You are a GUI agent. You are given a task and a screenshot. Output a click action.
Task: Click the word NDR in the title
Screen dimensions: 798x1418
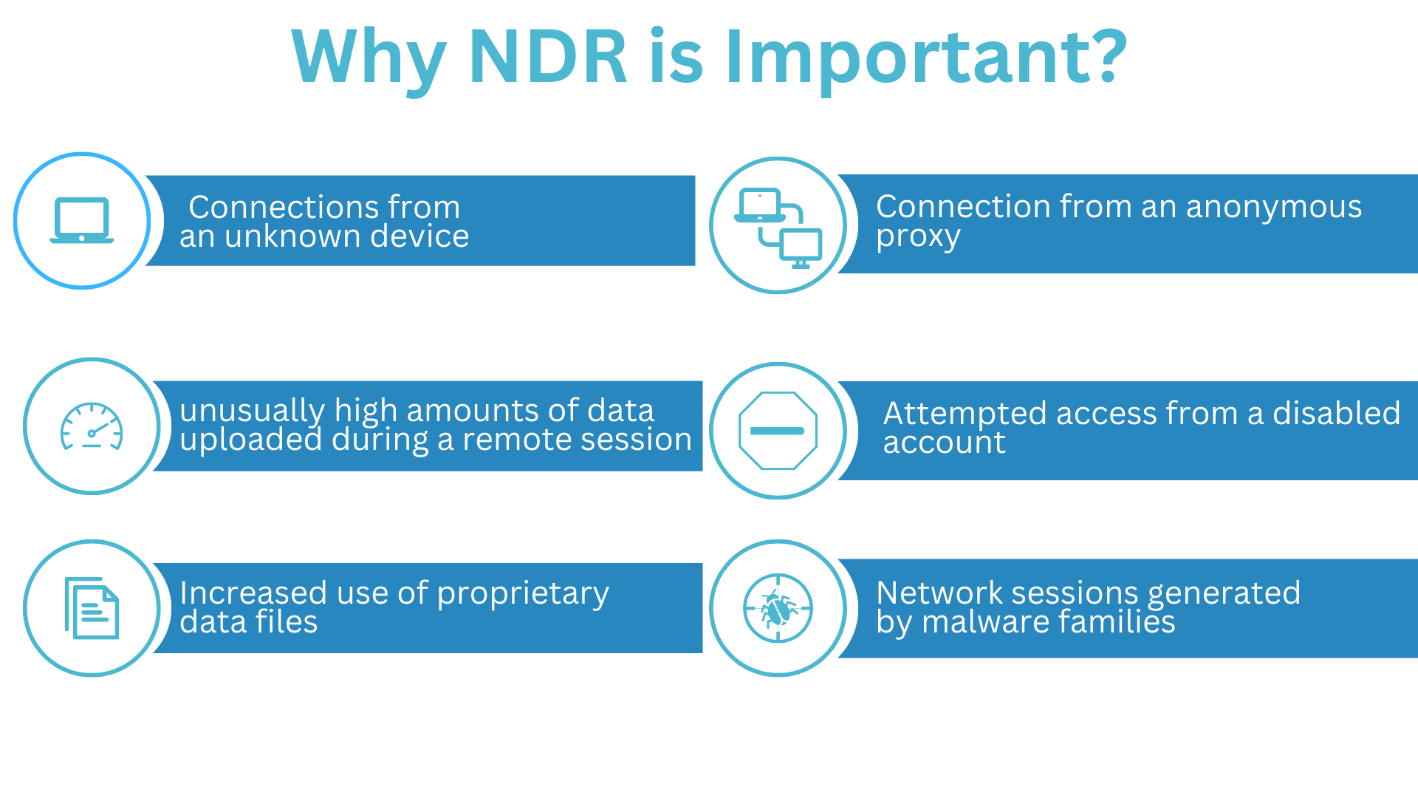coord(547,57)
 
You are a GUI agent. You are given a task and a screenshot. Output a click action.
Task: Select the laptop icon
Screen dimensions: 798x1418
coord(82,220)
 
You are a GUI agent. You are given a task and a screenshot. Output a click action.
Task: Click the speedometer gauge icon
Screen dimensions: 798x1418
coord(92,426)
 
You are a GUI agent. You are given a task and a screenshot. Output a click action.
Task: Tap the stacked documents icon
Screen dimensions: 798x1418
coord(92,608)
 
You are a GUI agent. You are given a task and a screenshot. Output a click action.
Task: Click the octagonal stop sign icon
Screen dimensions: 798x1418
coord(778,431)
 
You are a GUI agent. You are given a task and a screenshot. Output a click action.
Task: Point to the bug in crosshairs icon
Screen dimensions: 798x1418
coord(778,609)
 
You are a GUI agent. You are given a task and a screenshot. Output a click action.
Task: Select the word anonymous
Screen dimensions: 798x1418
coord(1273,207)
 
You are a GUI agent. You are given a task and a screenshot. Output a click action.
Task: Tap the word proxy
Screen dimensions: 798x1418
coord(918,237)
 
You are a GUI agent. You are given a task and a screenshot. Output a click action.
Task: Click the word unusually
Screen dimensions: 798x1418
coord(252,411)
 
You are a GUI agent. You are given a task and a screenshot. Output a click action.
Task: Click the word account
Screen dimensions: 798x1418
coord(944,443)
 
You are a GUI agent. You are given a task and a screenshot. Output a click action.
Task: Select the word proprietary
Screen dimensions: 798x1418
coord(523,594)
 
